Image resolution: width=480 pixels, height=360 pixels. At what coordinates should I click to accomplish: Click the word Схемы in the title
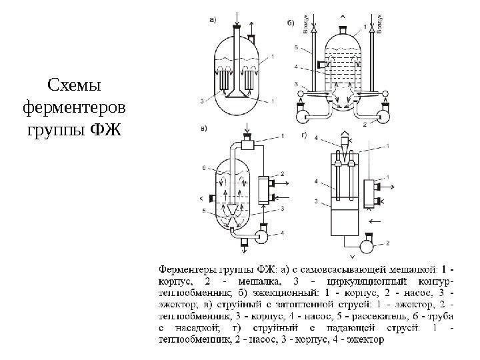click(74, 86)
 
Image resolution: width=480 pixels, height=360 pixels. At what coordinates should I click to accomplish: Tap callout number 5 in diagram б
click(294, 48)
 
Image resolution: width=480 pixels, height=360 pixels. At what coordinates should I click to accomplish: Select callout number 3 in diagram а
click(201, 101)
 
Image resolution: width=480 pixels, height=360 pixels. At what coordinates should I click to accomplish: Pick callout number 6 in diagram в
click(204, 167)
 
